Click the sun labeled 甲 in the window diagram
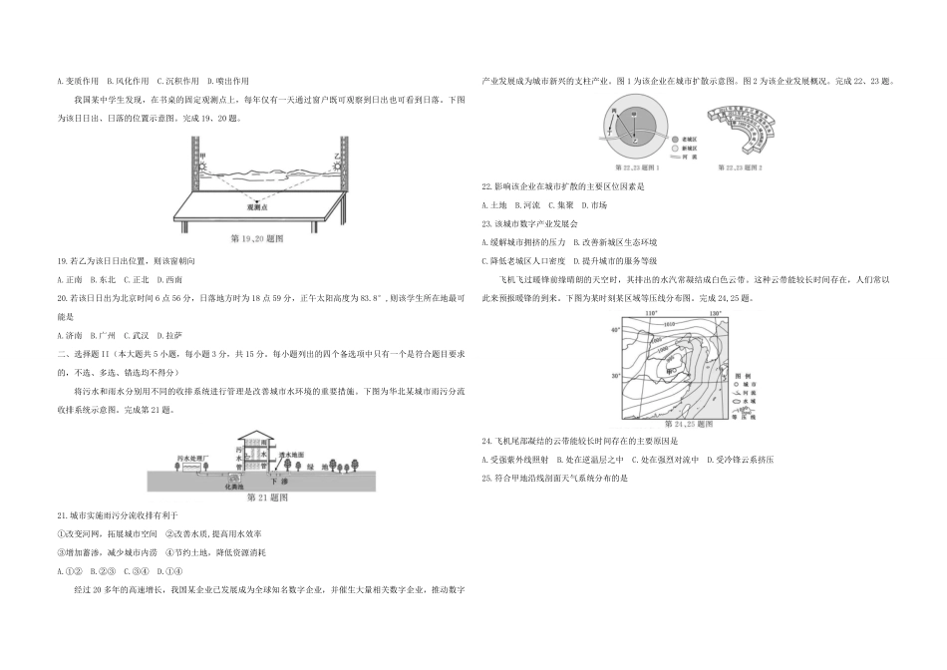click(x=203, y=161)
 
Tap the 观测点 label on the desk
click(x=262, y=210)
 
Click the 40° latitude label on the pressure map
click(x=616, y=330)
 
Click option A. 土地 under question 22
click(x=495, y=204)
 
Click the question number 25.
click(x=485, y=478)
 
